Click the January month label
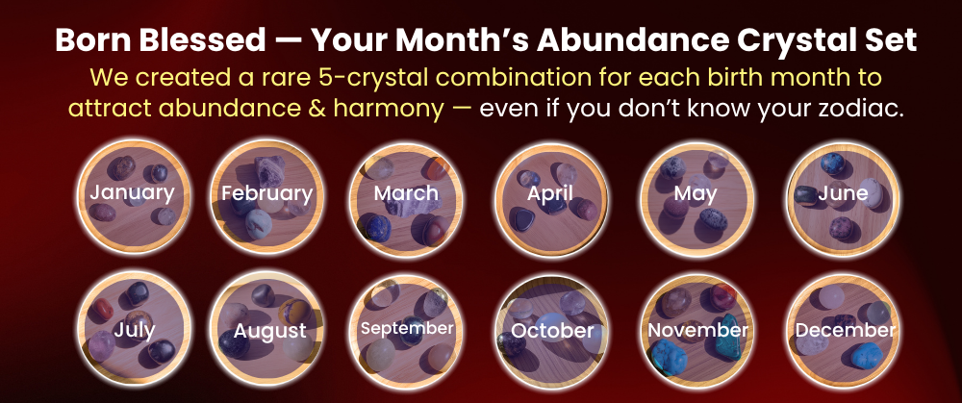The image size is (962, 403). pyautogui.click(x=132, y=193)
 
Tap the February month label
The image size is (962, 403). pyautogui.click(x=266, y=194)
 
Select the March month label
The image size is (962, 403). pyautogui.click(x=406, y=193)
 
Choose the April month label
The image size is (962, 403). pyautogui.click(x=549, y=194)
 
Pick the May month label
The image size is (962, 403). pyautogui.click(x=696, y=194)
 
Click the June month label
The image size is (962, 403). pyautogui.click(x=843, y=194)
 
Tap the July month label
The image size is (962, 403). pyautogui.click(x=135, y=330)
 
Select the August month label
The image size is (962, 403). pyautogui.click(x=269, y=332)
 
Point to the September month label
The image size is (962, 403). pyautogui.click(x=407, y=329)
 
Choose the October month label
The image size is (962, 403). pyautogui.click(x=552, y=331)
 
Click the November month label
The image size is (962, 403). pyautogui.click(x=697, y=330)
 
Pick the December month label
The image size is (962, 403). pyautogui.click(x=845, y=330)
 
